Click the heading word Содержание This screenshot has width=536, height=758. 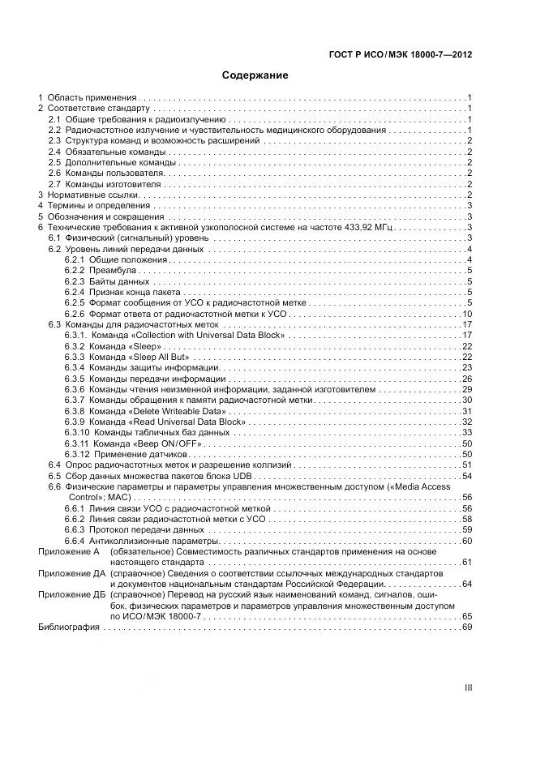[255, 75]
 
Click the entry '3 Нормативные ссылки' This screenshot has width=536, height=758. [88, 195]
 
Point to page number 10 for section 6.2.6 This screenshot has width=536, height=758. [467, 314]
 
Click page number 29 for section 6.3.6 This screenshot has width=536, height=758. [467, 389]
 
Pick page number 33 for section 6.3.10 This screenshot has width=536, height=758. [467, 433]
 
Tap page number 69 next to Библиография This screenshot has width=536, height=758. [467, 627]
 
